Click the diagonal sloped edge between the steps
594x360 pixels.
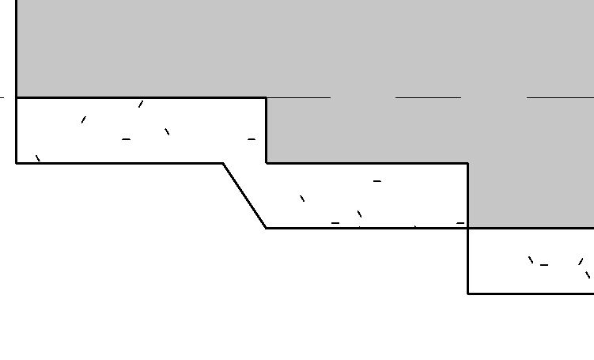[x=244, y=195]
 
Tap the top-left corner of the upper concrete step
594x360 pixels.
[x=17, y=97]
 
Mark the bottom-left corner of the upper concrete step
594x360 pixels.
[x=17, y=163]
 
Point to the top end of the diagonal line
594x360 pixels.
[x=223, y=163]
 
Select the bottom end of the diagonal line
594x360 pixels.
[x=266, y=228]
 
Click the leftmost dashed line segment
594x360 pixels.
[x=297, y=97]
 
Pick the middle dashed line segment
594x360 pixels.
[x=428, y=97]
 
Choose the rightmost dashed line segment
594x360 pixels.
[x=559, y=97]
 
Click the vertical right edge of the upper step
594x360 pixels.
[x=266, y=131]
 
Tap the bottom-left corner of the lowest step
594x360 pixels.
[x=468, y=293]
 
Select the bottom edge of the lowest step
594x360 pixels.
[x=530, y=293]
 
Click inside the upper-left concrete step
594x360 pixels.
[x=119, y=131]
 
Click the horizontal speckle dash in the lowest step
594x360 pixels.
[x=544, y=265]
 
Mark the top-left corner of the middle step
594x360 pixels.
[x=266, y=163]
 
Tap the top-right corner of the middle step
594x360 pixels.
[x=468, y=163]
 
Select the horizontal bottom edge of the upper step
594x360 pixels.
[x=119, y=163]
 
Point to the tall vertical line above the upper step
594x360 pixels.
[x=17, y=47]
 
